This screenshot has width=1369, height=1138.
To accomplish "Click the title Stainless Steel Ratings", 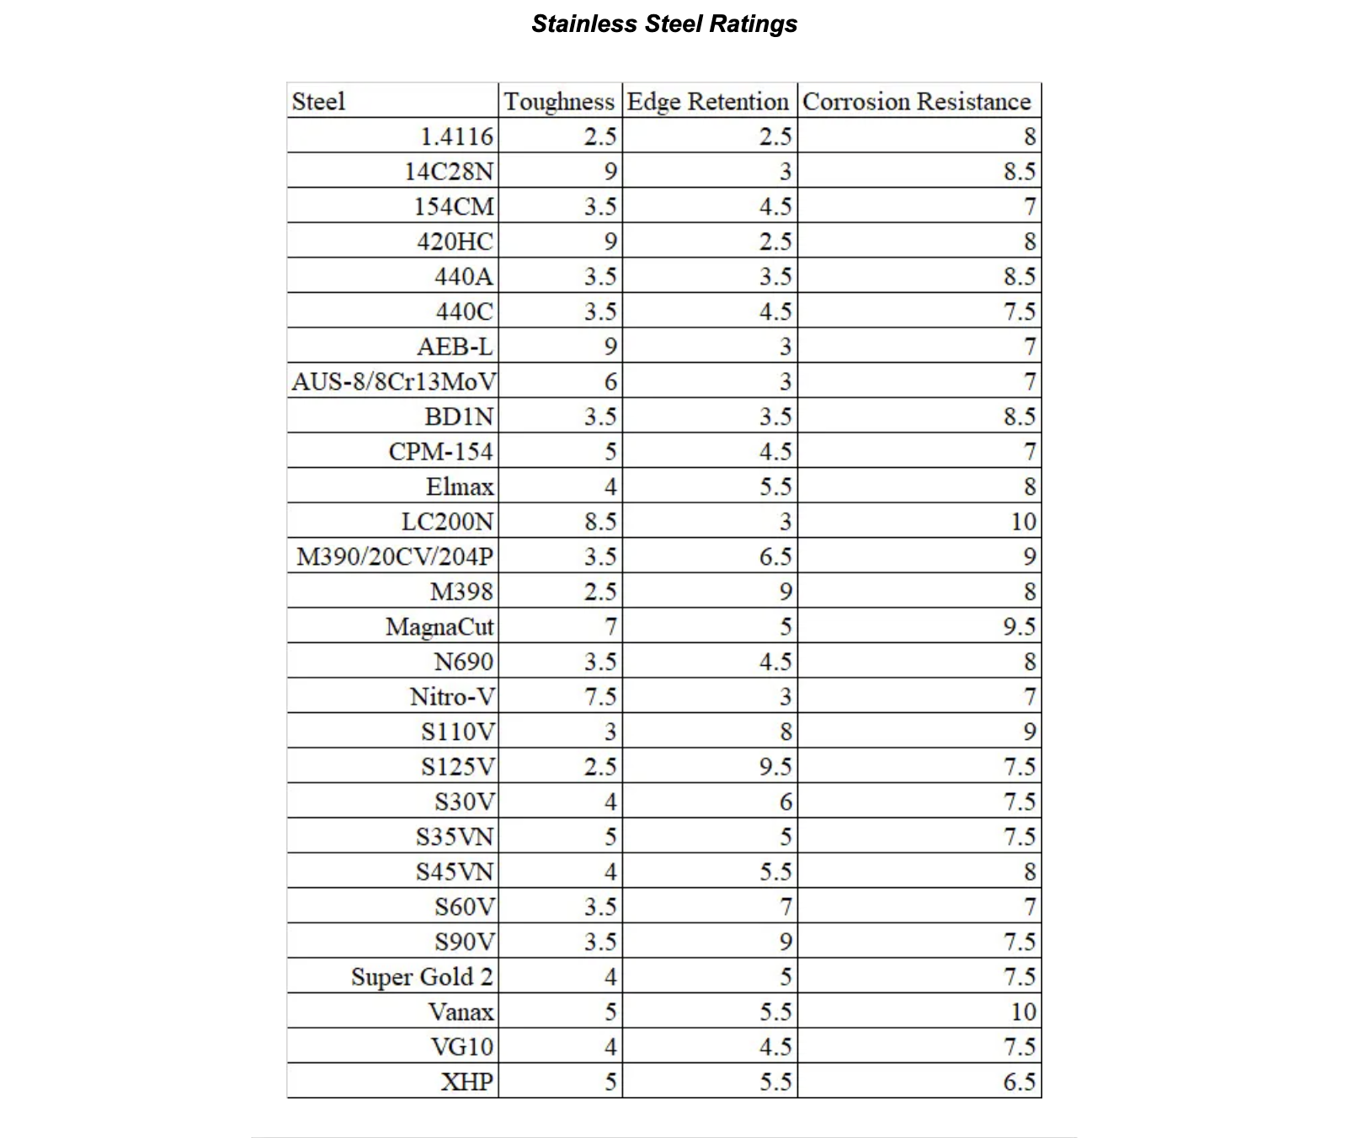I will click(664, 24).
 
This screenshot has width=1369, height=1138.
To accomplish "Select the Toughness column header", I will click(559, 102).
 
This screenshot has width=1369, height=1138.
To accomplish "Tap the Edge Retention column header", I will click(708, 102).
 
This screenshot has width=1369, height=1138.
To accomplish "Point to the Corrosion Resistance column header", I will click(916, 102).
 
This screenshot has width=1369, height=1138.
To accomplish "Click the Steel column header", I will click(319, 102).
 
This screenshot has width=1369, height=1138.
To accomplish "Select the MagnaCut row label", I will click(439, 627).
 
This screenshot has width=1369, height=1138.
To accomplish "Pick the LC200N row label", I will click(447, 522).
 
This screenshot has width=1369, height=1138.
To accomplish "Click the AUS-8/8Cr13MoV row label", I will click(394, 382).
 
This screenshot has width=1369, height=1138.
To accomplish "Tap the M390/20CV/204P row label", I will click(395, 557).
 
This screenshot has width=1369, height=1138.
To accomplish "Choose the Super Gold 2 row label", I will click(422, 977).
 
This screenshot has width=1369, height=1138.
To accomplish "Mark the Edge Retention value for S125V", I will click(775, 767).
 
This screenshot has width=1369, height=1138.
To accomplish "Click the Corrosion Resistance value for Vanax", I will click(1023, 1012).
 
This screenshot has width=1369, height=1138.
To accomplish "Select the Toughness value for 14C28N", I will click(610, 172).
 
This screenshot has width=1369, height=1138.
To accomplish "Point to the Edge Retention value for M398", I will click(785, 592).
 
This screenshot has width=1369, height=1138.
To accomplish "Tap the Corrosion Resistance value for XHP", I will click(1019, 1082).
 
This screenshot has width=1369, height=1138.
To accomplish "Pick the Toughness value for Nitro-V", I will click(600, 697).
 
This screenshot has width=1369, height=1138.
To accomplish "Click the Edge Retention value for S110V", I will click(785, 732).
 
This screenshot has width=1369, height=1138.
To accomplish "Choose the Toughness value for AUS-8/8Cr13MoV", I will click(610, 382).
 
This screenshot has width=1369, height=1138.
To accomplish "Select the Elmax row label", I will click(460, 487).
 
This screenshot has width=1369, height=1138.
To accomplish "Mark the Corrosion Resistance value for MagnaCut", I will click(1019, 627).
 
